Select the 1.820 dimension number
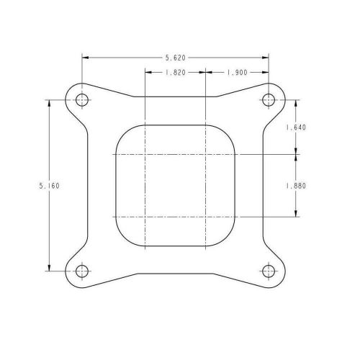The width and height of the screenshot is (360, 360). pyautogui.click(x=176, y=72)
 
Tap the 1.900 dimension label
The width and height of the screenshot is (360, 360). pyautogui.click(x=238, y=72)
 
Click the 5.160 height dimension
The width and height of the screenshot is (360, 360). pyautogui.click(x=49, y=185)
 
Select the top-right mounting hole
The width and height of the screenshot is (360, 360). pyautogui.click(x=270, y=99)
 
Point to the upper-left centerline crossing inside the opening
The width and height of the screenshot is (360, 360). pyautogui.click(x=145, y=154)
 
